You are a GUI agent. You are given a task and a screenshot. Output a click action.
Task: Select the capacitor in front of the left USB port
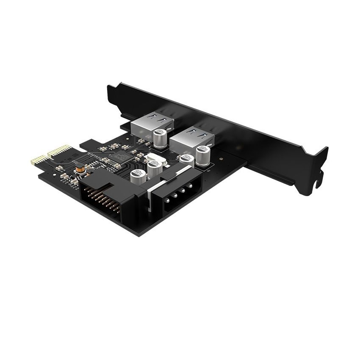click(x=161, y=138)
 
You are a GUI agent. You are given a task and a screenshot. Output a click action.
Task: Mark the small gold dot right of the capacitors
click(x=220, y=161)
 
